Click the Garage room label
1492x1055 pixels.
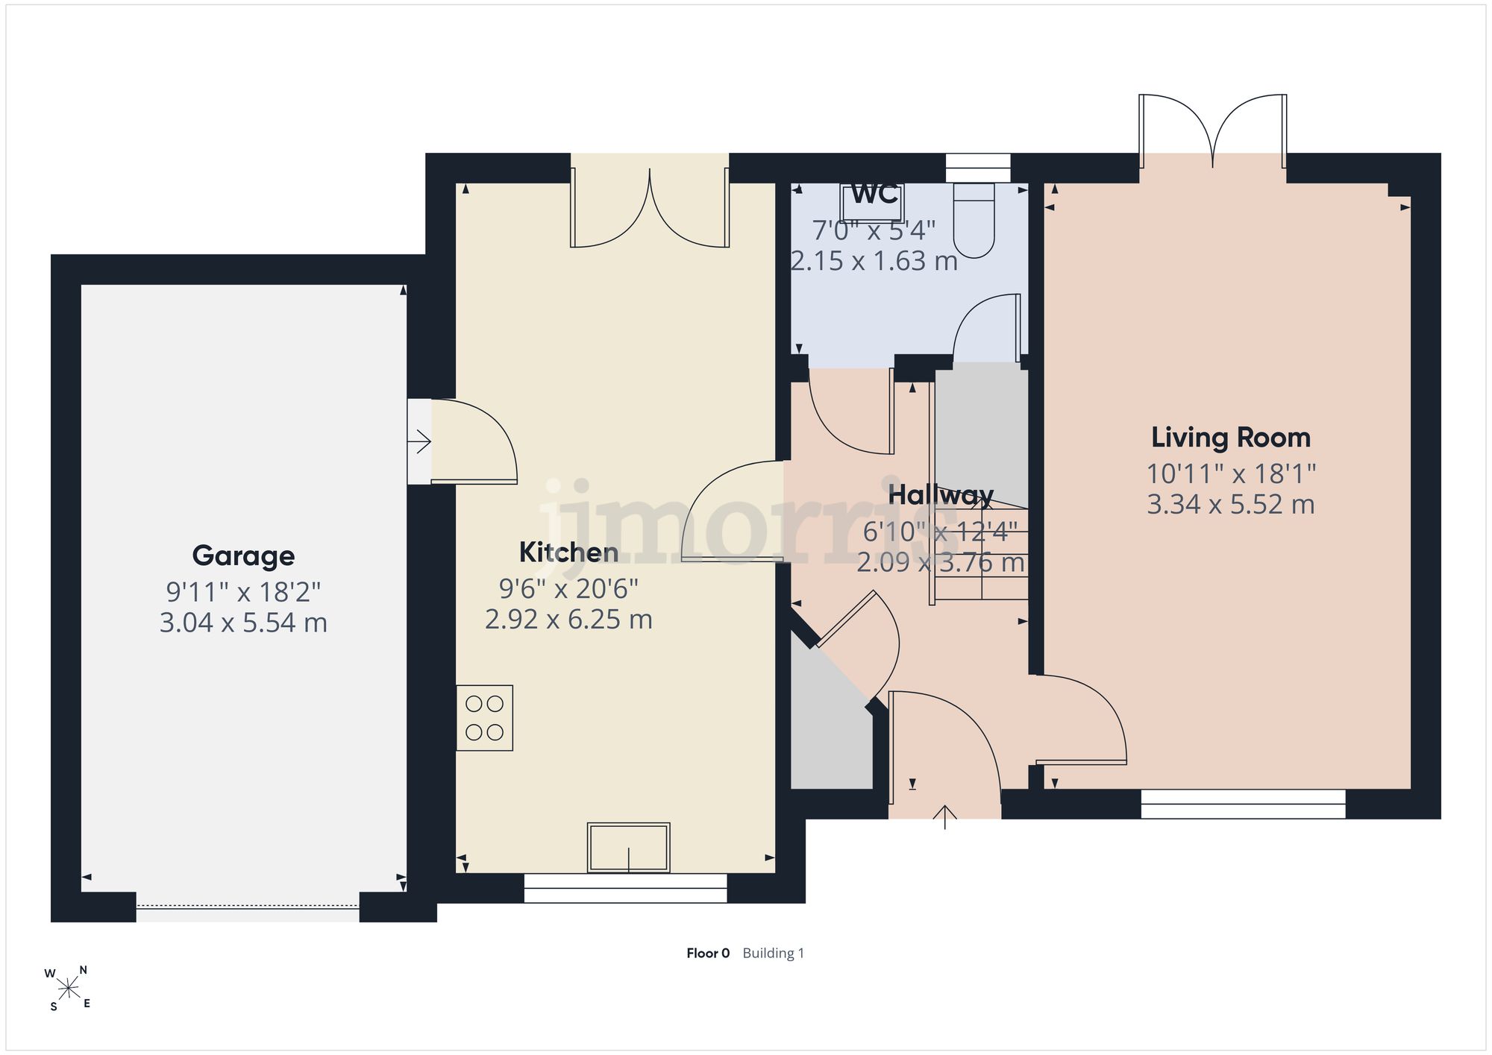click(243, 556)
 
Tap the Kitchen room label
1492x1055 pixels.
click(568, 552)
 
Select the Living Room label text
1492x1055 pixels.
click(1231, 438)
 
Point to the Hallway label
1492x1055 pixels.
click(941, 495)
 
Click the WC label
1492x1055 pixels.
click(874, 194)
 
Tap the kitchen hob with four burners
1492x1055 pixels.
click(485, 717)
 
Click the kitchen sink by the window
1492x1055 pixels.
click(629, 847)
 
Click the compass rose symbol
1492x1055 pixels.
click(68, 989)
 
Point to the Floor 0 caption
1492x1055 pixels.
click(708, 953)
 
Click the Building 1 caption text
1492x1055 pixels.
click(774, 953)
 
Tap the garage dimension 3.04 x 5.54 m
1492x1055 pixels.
click(243, 623)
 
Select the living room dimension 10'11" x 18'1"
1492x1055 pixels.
click(1231, 473)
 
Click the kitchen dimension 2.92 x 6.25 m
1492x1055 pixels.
click(568, 620)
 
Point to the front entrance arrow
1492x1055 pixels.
click(945, 817)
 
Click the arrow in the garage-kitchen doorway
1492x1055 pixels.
click(419, 442)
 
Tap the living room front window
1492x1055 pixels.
click(1243, 804)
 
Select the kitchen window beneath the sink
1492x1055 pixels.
click(625, 888)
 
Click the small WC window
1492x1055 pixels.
click(978, 168)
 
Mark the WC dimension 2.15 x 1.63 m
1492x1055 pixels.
click(874, 261)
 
